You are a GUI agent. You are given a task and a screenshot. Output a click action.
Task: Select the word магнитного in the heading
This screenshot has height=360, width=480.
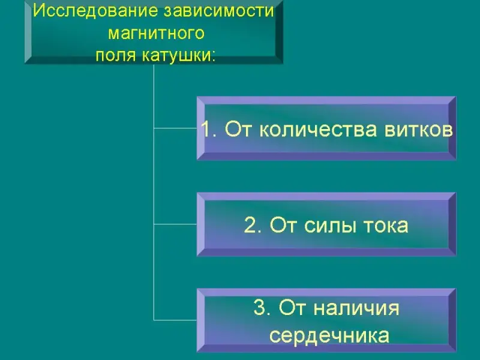click(154, 34)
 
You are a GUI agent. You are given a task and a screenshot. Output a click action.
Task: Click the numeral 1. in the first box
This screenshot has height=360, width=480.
click(209, 130)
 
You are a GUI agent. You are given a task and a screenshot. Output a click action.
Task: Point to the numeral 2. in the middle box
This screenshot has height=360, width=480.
click(253, 226)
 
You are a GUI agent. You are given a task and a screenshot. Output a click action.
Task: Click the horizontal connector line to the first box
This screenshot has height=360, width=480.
click(175, 128)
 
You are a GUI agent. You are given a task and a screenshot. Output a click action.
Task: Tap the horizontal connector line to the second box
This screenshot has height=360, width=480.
click(175, 224)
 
